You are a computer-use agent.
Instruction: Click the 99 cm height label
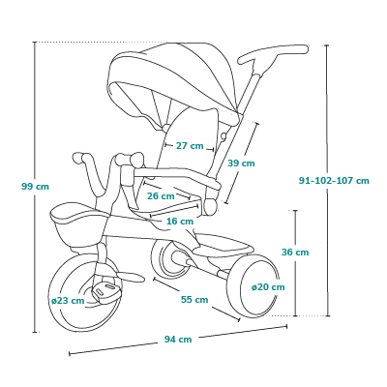36,186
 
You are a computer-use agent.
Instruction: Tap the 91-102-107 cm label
334,180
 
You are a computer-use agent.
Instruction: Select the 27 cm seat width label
190,146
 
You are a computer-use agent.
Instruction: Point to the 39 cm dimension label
241,164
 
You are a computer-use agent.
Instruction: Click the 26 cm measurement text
161,195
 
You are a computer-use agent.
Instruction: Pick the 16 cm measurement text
180,222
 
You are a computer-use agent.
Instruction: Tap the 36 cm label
295,252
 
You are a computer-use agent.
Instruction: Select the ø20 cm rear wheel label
268,286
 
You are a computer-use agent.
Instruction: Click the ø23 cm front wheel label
68,301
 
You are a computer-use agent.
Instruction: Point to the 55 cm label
194,300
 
